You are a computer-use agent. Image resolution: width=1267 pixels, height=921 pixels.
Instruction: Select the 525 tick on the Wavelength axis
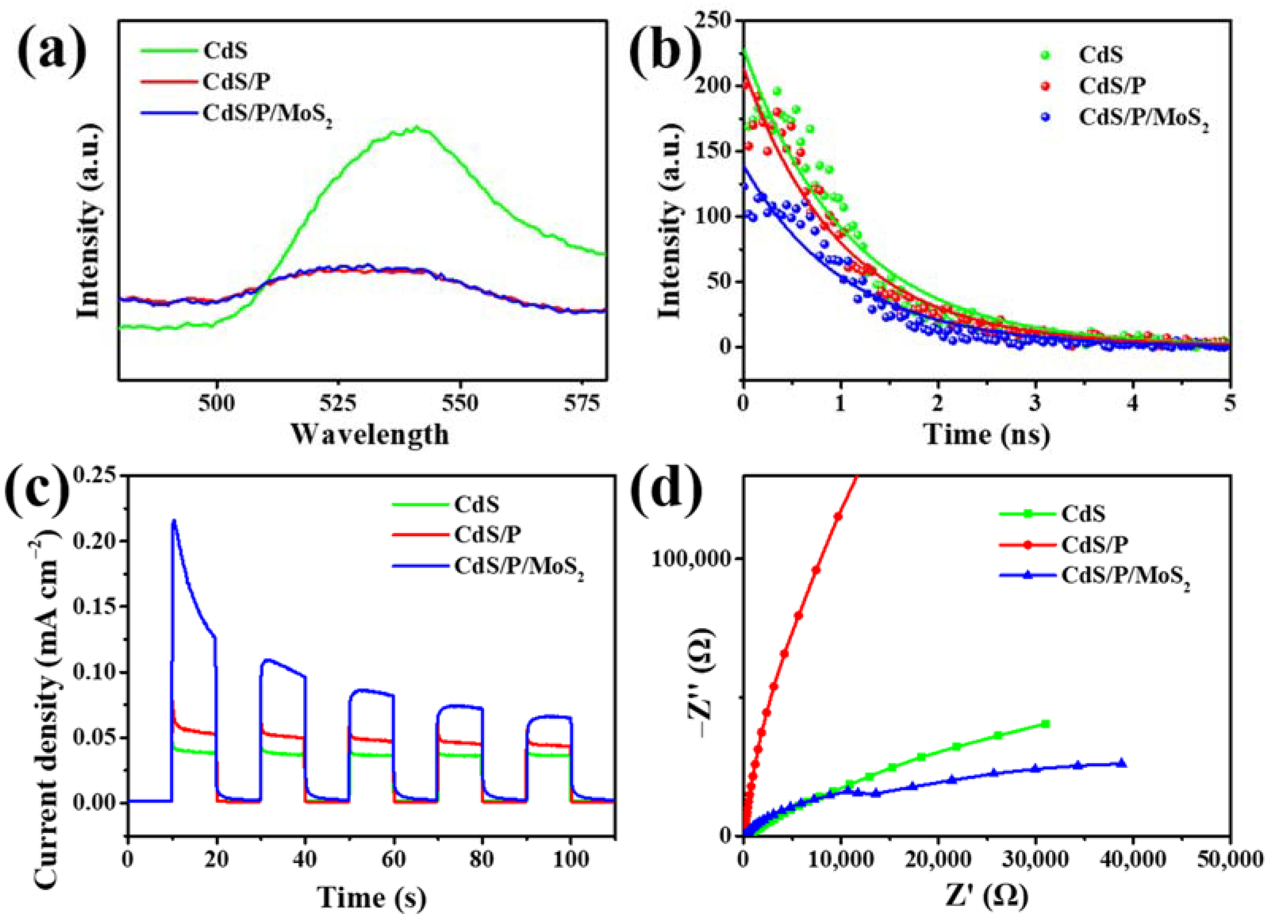coord(338,403)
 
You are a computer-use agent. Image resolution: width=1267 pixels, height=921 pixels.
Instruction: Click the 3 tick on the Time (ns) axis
coord(1035,403)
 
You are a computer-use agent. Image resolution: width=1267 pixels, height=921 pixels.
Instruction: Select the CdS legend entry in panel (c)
coord(476,505)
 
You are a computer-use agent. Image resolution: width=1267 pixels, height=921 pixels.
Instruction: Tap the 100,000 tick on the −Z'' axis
coord(693,574)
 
